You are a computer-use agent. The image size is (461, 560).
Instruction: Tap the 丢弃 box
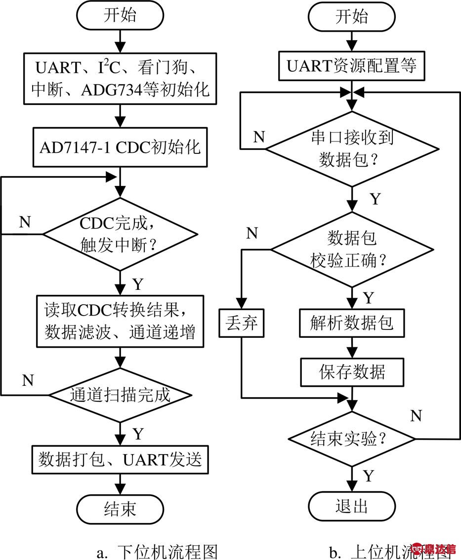point(242,324)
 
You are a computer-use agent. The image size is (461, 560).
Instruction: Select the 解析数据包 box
point(352,324)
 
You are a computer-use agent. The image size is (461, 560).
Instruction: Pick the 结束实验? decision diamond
point(352,438)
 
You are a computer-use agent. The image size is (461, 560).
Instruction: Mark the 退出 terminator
point(352,506)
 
